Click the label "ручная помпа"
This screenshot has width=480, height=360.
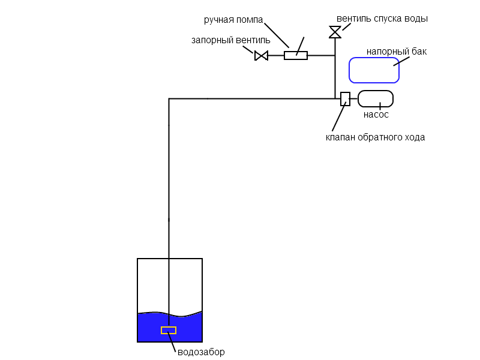coord(233,20)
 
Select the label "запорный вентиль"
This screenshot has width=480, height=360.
coord(231,40)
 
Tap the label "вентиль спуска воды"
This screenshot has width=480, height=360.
coord(382,19)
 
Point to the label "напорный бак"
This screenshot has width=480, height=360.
coord(397,52)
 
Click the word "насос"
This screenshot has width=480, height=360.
coord(376,115)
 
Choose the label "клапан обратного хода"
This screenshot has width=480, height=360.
coord(375,137)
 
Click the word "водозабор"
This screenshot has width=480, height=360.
coord(201,352)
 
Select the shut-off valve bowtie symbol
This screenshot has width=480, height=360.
coord(261,56)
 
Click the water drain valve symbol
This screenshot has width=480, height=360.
coord(335,32)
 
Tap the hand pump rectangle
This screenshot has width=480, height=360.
coord(296,55)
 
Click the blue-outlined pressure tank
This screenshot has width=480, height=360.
coord(374,70)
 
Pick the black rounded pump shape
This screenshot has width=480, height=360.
coord(376,98)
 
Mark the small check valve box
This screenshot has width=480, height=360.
coord(346,99)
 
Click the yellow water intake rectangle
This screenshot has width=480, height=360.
coord(169,331)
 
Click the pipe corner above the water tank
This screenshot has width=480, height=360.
coord(169,99)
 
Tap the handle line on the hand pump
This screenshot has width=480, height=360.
coord(301,46)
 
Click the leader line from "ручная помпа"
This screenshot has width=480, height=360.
coord(277,35)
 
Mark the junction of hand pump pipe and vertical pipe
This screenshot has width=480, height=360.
coord(335,55)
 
